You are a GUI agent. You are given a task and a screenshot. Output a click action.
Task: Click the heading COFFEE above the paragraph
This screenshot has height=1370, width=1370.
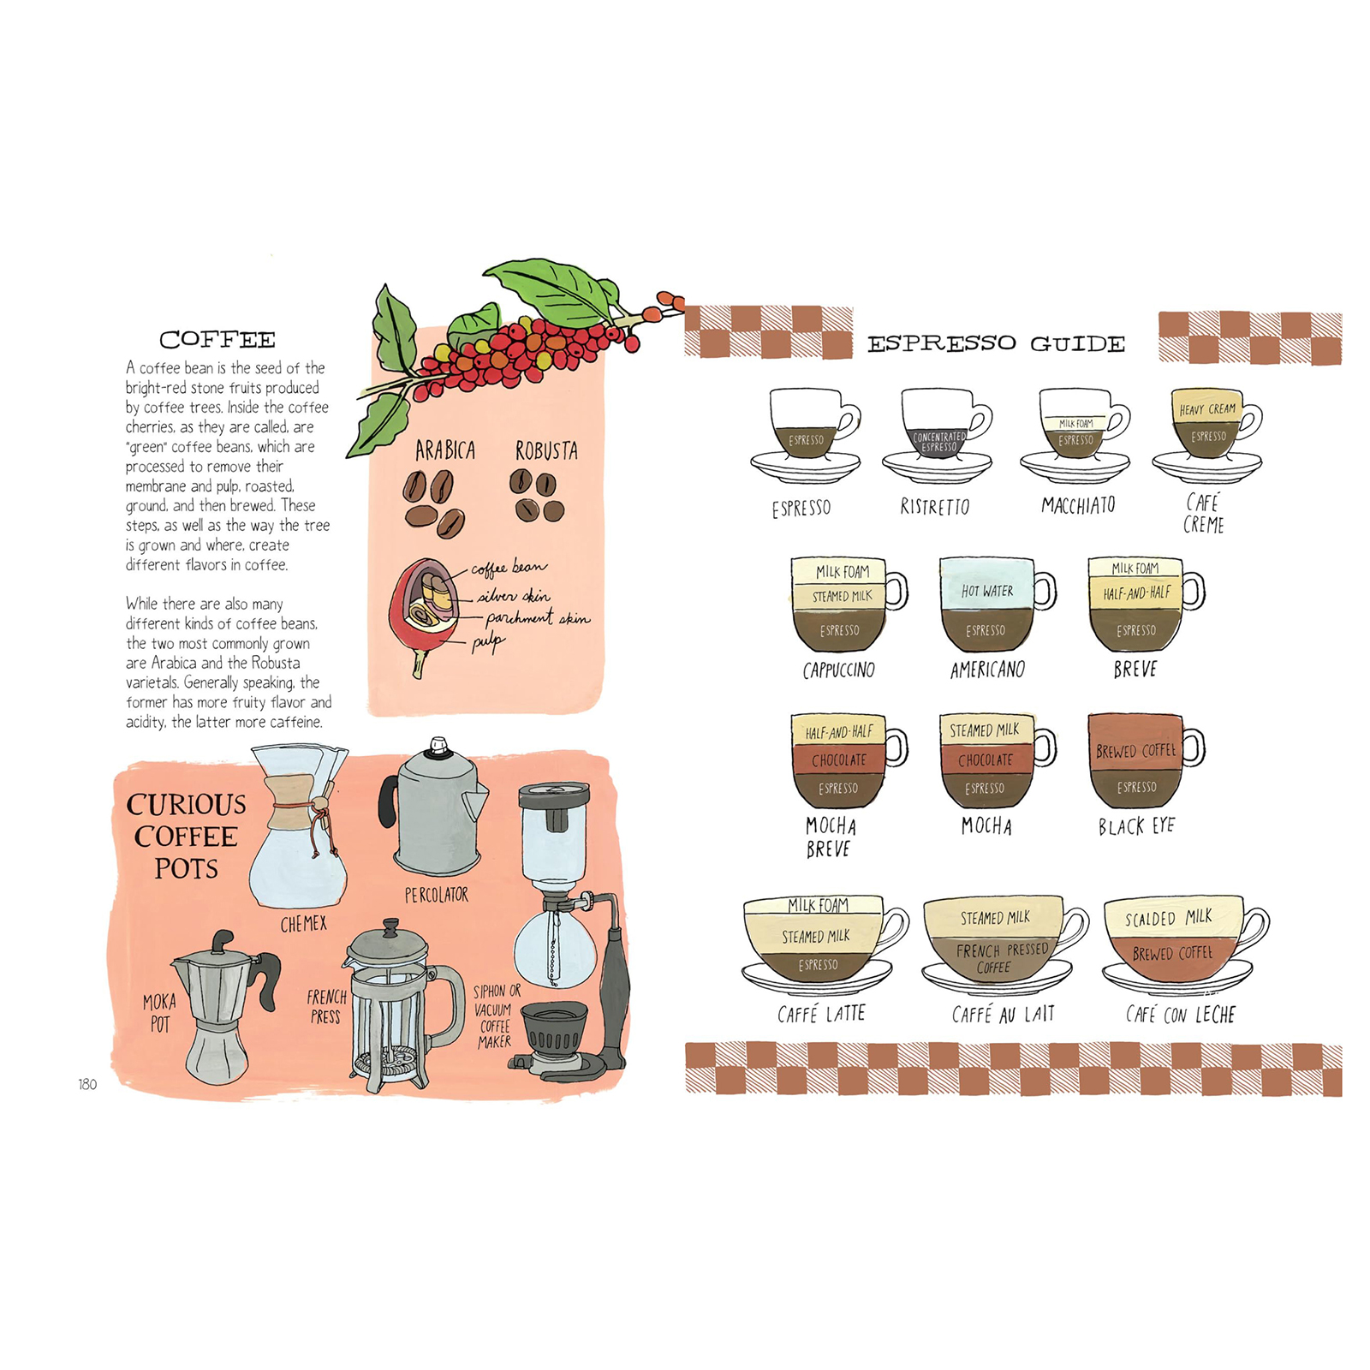point(217,340)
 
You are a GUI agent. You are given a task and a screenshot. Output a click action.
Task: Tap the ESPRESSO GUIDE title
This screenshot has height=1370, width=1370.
point(996,344)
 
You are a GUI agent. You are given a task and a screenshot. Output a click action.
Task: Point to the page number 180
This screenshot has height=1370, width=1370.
point(87,1084)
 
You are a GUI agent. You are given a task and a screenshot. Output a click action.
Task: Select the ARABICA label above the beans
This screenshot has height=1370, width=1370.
point(444,450)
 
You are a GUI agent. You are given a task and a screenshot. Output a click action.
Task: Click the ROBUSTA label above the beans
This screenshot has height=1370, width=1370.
point(546,450)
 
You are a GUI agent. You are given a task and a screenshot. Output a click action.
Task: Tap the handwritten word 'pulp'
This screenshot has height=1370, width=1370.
point(488,642)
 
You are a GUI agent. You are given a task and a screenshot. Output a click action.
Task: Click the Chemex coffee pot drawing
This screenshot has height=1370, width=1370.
point(299,826)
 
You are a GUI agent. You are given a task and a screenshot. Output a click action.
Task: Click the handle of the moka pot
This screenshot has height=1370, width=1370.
point(267,979)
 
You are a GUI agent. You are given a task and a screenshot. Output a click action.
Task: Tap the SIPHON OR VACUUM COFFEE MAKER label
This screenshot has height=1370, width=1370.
point(496,1016)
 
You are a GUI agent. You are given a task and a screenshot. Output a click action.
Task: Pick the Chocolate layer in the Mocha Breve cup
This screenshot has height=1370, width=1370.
point(839,759)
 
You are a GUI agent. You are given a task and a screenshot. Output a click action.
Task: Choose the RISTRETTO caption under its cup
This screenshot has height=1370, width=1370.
point(935,507)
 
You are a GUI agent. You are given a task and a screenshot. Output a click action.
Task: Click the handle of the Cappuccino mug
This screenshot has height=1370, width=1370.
point(896,590)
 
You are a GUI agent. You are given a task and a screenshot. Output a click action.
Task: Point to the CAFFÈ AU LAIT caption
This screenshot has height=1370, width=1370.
point(1004,1015)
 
